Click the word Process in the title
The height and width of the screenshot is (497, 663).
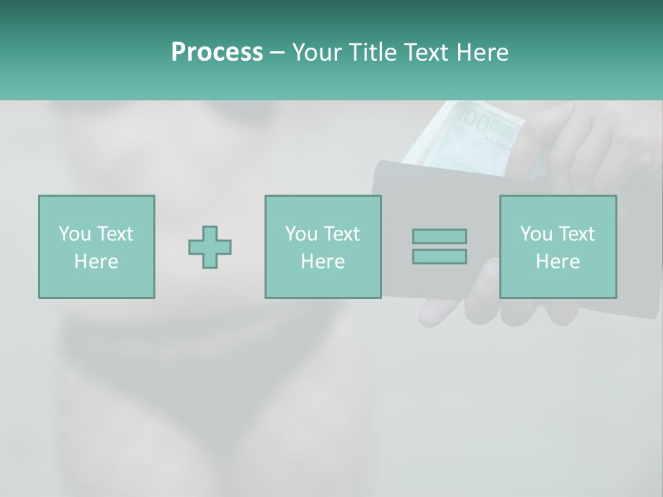217,52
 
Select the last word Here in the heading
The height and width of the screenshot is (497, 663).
481,52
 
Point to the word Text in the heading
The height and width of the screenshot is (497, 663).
425,52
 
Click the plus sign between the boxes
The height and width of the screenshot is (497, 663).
210,246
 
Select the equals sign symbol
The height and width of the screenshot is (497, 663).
439,246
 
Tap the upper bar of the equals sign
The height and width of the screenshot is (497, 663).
439,236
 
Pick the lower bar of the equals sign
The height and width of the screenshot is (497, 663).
439,257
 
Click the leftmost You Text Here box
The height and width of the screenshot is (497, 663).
97,246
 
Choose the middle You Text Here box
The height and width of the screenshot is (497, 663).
323,246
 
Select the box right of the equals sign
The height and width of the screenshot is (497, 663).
558,246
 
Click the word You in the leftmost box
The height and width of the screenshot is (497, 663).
74,234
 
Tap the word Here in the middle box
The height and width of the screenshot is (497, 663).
323,262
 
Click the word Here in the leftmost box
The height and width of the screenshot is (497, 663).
97,262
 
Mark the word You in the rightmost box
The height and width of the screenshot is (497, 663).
536,234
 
